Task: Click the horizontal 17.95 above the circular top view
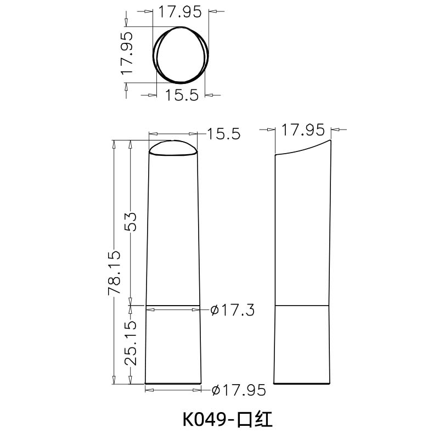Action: (x=180, y=12)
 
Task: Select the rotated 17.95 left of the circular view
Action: (x=127, y=53)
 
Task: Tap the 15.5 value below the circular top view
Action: (x=181, y=95)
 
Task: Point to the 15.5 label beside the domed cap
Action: (x=224, y=134)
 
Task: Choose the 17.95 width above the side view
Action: (x=303, y=131)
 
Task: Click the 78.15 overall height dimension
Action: (x=114, y=273)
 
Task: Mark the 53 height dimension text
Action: (x=130, y=223)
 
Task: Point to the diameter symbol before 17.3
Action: (x=216, y=311)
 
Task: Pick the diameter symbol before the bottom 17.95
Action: (x=216, y=390)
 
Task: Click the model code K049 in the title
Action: (x=204, y=420)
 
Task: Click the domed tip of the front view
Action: (x=173, y=148)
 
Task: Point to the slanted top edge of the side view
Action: (x=303, y=148)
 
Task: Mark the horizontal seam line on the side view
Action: (x=302, y=305)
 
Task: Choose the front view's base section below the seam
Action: (x=173, y=345)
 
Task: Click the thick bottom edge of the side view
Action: (x=302, y=383)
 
